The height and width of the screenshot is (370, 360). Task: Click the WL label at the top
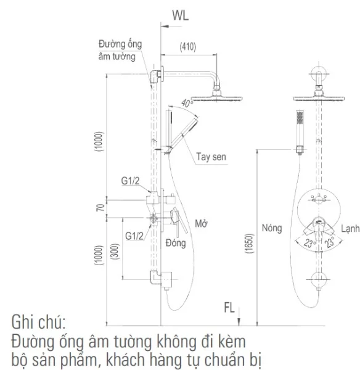[x=181, y=15]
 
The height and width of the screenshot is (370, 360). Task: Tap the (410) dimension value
[x=188, y=47]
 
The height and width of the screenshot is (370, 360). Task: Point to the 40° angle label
[x=187, y=103]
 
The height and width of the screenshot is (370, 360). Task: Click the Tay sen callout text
[x=211, y=157]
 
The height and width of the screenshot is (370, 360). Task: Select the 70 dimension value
[x=100, y=208]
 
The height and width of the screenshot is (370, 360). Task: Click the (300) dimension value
[x=115, y=252]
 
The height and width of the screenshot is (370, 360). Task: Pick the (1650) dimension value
[x=250, y=244]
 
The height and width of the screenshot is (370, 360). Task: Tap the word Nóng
[x=272, y=228]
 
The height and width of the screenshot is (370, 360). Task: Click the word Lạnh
[x=350, y=228]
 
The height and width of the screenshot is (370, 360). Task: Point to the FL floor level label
[x=229, y=308]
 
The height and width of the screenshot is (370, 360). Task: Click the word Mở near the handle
[x=201, y=223]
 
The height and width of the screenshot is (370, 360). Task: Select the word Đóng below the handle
[x=176, y=243]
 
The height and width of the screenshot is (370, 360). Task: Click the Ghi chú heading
[x=39, y=322]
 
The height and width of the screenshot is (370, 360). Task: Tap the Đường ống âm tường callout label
[x=120, y=51]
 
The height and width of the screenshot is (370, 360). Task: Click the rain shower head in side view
[x=216, y=97]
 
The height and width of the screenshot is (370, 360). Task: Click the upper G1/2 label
[x=130, y=181]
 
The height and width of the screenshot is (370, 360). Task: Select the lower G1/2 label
[x=134, y=236]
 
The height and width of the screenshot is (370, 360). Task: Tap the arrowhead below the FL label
[x=239, y=322]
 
